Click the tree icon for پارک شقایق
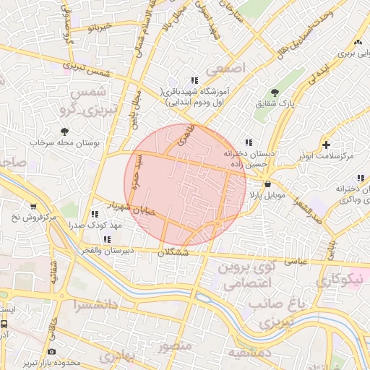point(275,92)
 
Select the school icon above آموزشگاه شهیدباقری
point(194,80)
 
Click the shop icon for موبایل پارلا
point(268,184)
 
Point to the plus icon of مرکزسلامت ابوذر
point(327,145)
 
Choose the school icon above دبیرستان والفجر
point(108,239)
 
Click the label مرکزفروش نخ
point(34,217)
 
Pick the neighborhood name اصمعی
point(225,68)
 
